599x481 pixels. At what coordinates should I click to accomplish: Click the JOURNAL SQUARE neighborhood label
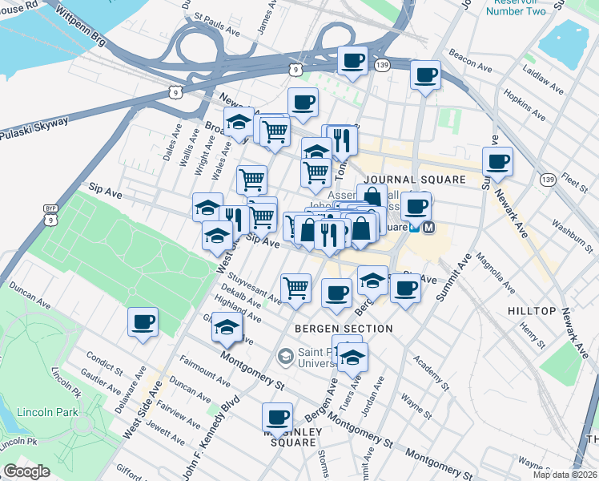[x=414, y=180]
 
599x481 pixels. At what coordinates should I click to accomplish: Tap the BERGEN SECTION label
[x=344, y=329]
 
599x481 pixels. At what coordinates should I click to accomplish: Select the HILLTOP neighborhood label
[x=532, y=310]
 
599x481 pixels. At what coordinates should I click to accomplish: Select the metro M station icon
[x=429, y=227]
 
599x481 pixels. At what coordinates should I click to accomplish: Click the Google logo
[x=26, y=471]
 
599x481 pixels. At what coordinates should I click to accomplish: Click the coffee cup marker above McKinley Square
[x=278, y=417]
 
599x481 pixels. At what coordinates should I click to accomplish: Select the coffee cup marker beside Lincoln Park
[x=143, y=322]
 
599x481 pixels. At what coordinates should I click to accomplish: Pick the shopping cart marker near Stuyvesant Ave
[x=295, y=287]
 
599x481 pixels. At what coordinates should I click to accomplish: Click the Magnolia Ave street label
[x=496, y=273]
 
